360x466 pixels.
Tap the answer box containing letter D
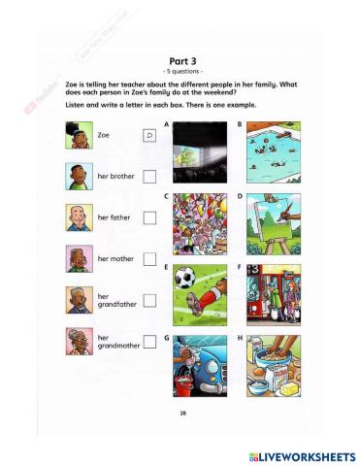pyautogui.click(x=150, y=136)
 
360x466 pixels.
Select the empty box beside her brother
pyautogui.click(x=150, y=177)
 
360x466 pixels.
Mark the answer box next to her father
pyautogui.click(x=150, y=217)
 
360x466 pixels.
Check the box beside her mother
pyautogui.click(x=150, y=259)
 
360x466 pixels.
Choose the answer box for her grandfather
pyautogui.click(x=150, y=301)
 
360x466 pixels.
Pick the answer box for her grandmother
pyautogui.click(x=150, y=342)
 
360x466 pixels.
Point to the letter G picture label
pyautogui.click(x=168, y=338)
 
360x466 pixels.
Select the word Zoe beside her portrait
pyautogui.click(x=104, y=136)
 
